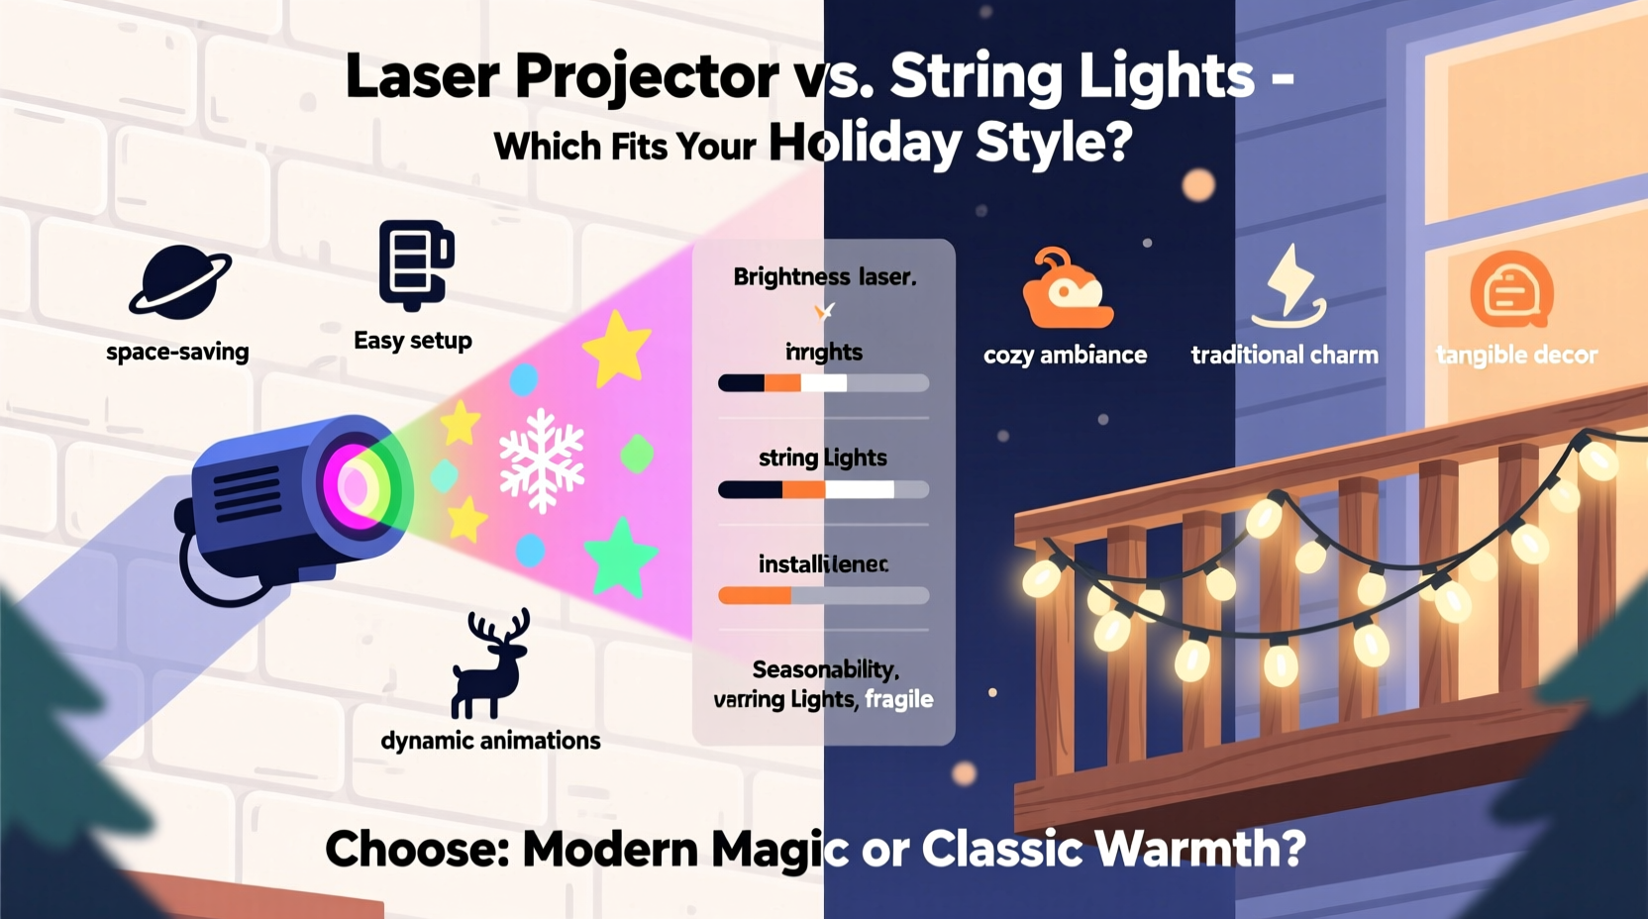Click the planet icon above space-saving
pos(180,281)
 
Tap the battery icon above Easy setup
pos(415,264)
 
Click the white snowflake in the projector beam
pos(541,460)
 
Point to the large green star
pos(620,558)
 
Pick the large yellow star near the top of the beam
pos(617,348)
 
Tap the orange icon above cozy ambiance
pos(1067,290)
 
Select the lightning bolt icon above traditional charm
pos(1288,287)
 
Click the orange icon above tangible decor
pos(1511,290)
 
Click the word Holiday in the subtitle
pos(864,144)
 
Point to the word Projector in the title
pos(646,77)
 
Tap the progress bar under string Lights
pos(823,489)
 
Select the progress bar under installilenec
pos(823,595)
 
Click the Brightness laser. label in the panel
pos(824,277)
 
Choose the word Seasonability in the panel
pos(824,669)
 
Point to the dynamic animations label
pos(490,741)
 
